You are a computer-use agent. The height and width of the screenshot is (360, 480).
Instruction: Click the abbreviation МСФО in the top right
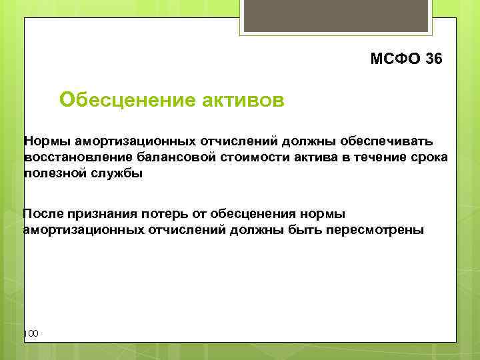click(395, 59)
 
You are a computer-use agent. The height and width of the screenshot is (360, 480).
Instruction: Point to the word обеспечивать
click(386, 141)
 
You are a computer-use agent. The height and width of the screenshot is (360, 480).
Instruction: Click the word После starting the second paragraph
click(45, 213)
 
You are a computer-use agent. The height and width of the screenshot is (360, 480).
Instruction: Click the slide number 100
click(31, 333)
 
